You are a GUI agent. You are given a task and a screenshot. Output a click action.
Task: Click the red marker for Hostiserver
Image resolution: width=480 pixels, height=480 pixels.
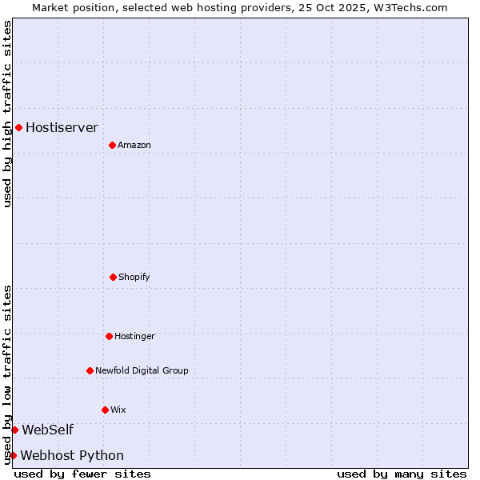coord(18,127)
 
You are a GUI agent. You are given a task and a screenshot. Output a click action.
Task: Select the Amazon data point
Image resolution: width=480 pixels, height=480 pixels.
coord(112,145)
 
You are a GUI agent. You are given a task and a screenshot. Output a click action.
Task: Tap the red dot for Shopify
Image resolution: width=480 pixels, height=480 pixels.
coord(113,277)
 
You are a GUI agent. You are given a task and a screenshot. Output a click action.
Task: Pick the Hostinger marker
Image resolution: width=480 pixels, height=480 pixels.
coord(109,336)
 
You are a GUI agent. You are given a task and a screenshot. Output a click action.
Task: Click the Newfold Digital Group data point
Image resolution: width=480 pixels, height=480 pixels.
coord(90,370)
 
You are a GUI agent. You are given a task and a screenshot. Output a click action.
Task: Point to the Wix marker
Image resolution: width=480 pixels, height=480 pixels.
coord(105,410)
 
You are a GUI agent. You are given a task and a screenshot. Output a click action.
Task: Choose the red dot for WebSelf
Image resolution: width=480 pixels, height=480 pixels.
coord(14,430)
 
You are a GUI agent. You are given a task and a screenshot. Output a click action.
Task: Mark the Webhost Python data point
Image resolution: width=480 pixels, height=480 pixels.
coord(13,455)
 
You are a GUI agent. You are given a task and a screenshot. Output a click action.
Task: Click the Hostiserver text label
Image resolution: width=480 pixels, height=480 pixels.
coord(62,127)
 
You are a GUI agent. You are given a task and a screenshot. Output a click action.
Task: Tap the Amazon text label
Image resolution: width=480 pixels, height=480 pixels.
coord(134,145)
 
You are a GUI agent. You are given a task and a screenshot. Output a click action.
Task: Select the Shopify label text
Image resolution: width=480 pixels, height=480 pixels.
coord(134,277)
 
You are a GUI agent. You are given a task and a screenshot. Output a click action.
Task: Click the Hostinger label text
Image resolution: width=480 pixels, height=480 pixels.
coord(134,336)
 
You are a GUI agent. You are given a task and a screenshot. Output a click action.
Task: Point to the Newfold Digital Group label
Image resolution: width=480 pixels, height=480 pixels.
coord(142,370)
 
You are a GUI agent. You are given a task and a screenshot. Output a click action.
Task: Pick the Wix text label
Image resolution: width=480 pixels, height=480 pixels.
coord(118,410)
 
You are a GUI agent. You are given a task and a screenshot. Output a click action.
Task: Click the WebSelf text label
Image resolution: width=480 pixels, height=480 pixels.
coord(47,430)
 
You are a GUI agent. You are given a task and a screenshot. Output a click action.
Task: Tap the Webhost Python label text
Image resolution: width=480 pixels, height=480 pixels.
coord(72,455)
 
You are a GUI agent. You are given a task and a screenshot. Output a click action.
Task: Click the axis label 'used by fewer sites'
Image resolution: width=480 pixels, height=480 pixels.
coord(82,474)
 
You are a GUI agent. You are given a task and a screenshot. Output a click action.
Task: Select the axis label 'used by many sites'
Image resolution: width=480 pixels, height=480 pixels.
coord(402,474)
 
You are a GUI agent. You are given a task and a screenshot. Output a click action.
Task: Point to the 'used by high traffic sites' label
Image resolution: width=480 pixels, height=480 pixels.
coord(7,114)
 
